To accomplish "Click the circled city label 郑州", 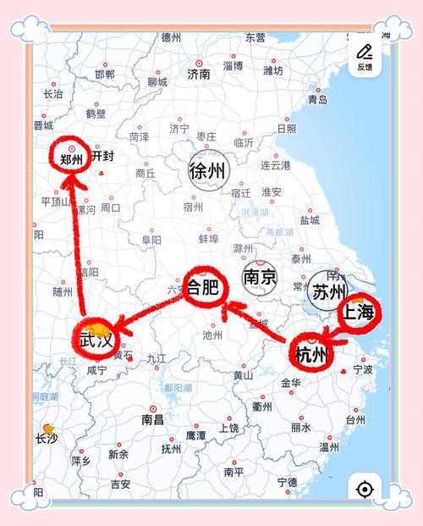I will click(71, 158).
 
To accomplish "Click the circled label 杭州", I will click(310, 353).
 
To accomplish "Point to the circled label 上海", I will click(357, 313).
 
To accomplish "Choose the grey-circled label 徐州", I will click(208, 170).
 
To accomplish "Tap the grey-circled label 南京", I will click(259, 277).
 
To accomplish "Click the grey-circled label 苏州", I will click(325, 293).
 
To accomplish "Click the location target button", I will click(365, 489).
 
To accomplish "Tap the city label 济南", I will click(199, 75).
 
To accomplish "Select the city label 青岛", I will click(317, 100).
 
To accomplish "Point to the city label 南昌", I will click(152, 419).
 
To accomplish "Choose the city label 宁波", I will click(363, 370).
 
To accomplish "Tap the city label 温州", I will click(328, 447).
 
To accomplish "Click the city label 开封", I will click(102, 157).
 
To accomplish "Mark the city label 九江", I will click(157, 359).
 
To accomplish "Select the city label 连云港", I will click(275, 165).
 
